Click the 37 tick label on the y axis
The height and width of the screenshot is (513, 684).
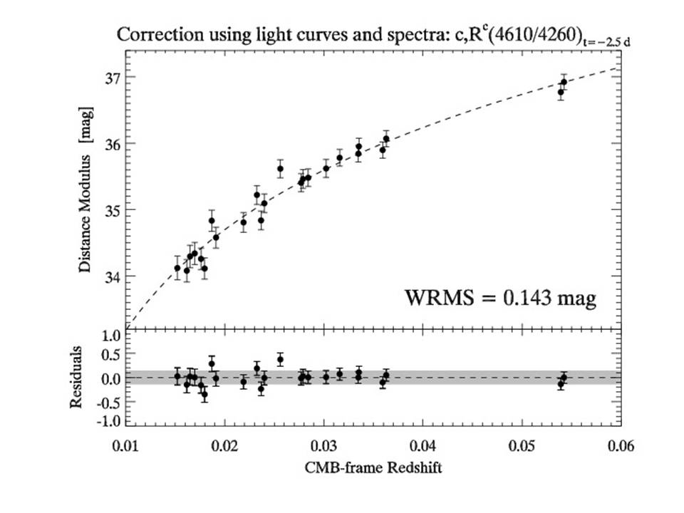113,77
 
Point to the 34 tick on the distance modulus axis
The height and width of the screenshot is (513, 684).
113,276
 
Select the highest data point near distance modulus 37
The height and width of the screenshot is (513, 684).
564,82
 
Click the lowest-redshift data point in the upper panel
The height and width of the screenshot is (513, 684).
177,268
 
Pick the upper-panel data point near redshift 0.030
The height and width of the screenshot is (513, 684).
326,169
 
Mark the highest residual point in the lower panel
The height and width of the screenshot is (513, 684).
280,360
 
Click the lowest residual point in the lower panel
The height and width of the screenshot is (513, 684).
204,394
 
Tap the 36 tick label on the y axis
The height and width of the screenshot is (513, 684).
113,143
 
